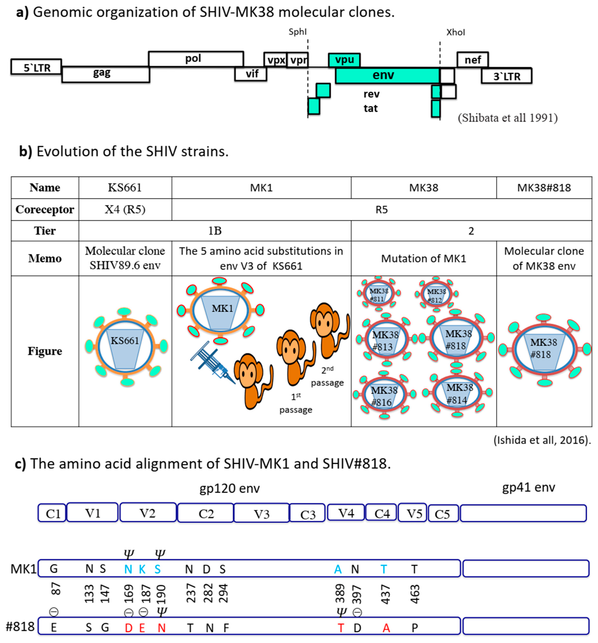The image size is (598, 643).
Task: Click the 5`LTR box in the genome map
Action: click(36, 67)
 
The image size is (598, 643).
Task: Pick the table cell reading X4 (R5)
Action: click(125, 210)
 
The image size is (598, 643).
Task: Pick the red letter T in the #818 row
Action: click(340, 628)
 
